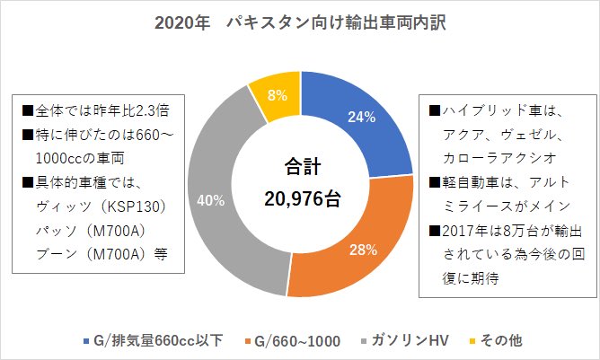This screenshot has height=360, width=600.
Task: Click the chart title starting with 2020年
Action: pos(300,21)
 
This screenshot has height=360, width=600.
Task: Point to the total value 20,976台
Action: pos(300,198)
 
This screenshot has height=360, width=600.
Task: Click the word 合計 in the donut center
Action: pos(300,166)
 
